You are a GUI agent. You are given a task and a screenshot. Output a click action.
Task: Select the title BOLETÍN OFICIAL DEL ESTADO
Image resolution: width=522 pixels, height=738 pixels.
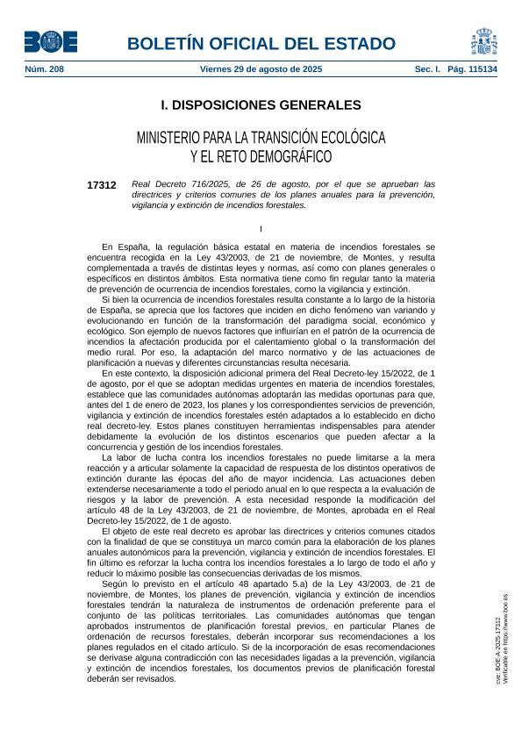click(261, 43)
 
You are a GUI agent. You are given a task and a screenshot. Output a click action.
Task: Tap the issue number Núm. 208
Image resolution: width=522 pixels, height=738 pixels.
click(44, 68)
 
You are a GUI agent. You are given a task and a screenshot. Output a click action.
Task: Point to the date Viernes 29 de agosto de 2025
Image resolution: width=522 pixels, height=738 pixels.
click(261, 68)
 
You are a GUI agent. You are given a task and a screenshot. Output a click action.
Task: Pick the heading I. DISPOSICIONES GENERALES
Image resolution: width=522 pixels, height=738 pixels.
click(261, 105)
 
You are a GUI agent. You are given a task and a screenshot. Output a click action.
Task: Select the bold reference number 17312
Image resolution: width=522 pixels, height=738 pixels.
click(102, 185)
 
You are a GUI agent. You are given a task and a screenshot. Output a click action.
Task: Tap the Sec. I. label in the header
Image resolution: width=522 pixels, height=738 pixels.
click(427, 68)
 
